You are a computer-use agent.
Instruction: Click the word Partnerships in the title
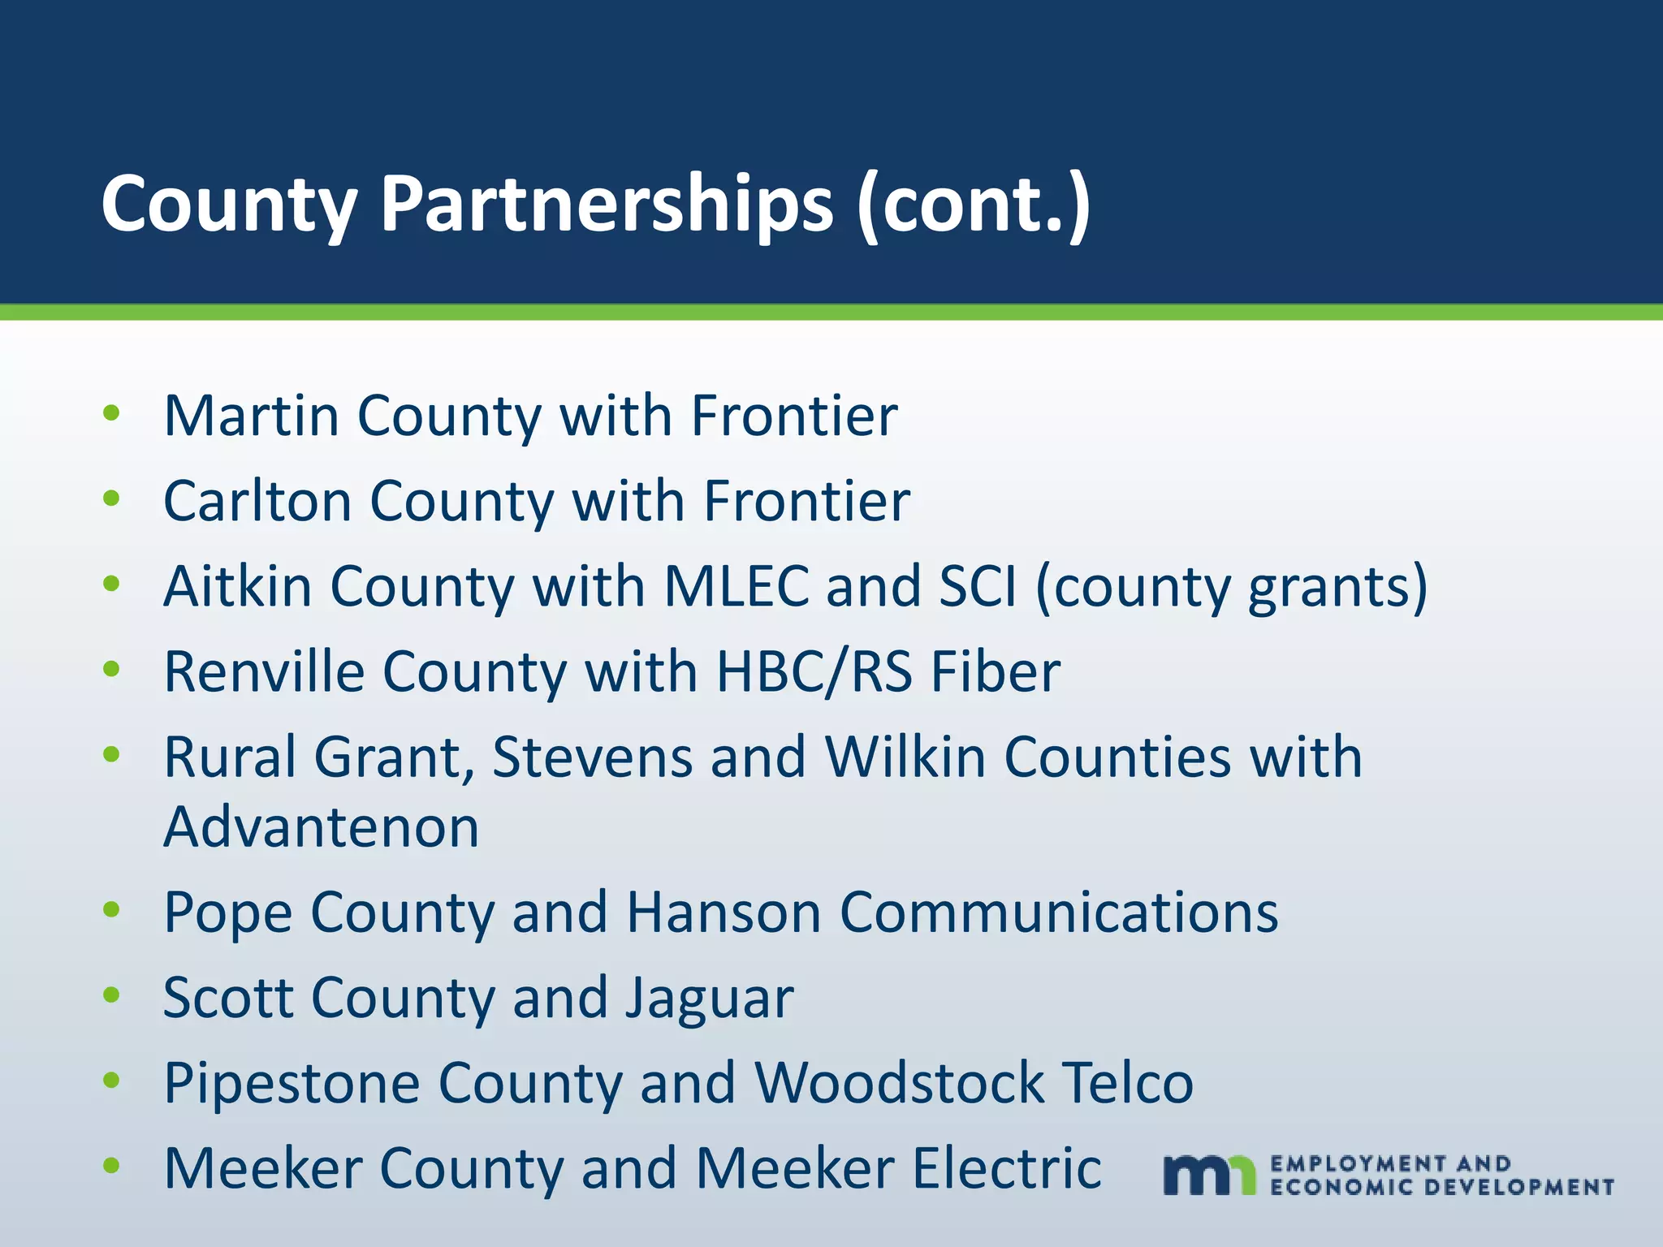[607, 205]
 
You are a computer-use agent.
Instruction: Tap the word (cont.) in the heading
[974, 205]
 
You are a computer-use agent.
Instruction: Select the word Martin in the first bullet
[251, 416]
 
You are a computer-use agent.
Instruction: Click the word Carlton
[257, 501]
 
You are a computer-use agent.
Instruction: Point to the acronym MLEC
[736, 586]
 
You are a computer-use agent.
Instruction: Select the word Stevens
[592, 757]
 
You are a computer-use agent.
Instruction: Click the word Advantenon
[322, 827]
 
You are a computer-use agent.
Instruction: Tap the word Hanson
[724, 913]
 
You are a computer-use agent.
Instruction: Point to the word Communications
[1059, 913]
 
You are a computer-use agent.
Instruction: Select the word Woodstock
[899, 1083]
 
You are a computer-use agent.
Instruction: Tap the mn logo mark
[1209, 1175]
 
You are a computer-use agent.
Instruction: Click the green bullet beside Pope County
[112, 910]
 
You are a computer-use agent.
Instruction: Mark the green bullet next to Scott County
[112, 995]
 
